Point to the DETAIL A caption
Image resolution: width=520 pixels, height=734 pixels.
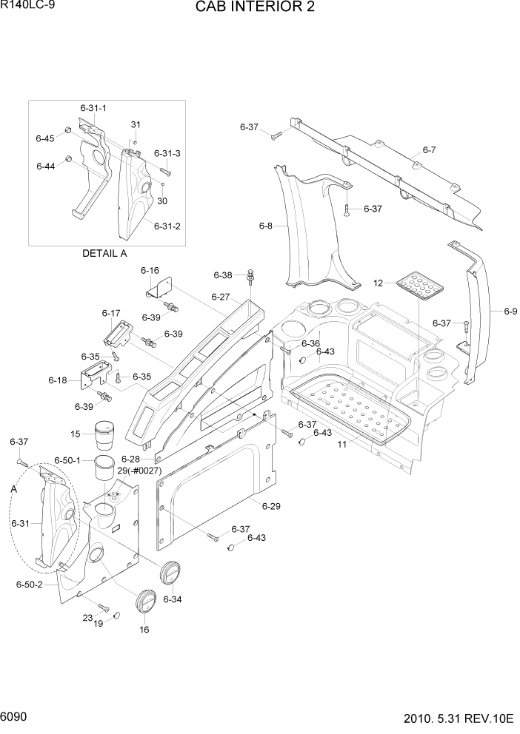pyautogui.click(x=104, y=253)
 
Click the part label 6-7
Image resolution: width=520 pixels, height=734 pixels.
pyautogui.click(x=429, y=150)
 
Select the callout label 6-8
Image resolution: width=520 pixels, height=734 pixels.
pyautogui.click(x=266, y=226)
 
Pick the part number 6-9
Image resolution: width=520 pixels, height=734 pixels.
pyautogui.click(x=510, y=312)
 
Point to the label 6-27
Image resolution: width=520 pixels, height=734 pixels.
pyautogui.click(x=221, y=297)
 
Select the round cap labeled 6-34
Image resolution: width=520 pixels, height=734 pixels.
pyautogui.click(x=170, y=572)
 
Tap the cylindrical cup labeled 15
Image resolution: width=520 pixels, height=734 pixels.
pyautogui.click(x=107, y=433)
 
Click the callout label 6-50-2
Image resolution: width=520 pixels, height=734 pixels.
pyautogui.click(x=30, y=585)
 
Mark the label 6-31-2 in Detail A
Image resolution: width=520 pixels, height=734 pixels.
pyautogui.click(x=167, y=226)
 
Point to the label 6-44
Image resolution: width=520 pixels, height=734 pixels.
pyautogui.click(x=45, y=166)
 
